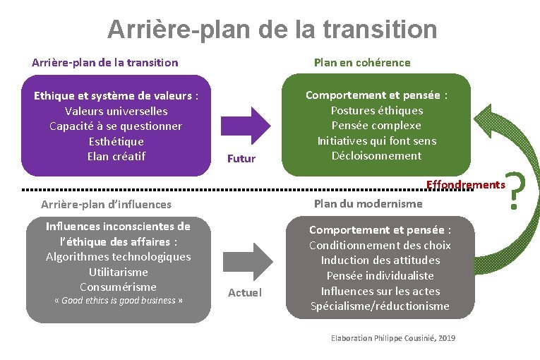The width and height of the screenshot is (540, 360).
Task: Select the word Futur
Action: (x=241, y=159)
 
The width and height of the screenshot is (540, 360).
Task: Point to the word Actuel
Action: (x=244, y=292)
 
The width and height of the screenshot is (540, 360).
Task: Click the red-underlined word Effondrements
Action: (x=466, y=184)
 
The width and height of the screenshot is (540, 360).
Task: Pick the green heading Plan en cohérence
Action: (x=361, y=62)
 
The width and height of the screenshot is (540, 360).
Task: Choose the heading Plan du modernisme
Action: (x=368, y=203)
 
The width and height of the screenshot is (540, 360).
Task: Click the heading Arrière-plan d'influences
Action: (x=106, y=204)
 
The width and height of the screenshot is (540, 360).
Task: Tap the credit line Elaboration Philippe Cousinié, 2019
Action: (x=393, y=338)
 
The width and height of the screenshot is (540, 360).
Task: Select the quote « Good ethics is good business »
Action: (x=119, y=301)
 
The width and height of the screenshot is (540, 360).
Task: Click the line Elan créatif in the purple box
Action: (x=116, y=156)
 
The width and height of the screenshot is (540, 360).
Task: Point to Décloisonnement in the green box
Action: (x=376, y=155)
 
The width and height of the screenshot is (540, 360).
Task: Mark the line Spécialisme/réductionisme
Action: (x=380, y=306)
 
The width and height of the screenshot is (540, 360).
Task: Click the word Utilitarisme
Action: (x=119, y=272)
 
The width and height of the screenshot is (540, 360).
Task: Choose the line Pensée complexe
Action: (x=376, y=125)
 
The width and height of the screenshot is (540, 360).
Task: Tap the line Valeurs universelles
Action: (x=116, y=111)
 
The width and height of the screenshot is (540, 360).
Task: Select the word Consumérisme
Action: (x=119, y=287)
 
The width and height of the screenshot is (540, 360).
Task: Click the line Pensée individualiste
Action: (x=380, y=275)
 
